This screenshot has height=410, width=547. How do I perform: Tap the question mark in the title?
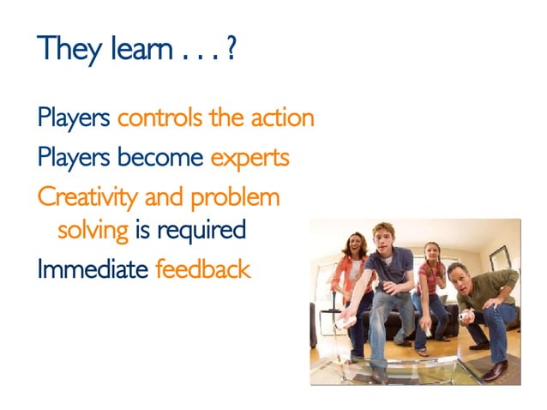[231, 49]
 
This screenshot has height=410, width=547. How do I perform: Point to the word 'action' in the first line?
[282, 118]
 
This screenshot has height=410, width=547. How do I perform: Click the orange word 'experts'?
[249, 158]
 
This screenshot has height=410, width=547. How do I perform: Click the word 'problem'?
[235, 198]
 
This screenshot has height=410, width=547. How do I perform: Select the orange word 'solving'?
[93, 230]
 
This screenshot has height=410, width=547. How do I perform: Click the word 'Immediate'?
[93, 269]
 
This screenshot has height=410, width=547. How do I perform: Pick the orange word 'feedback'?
[203, 269]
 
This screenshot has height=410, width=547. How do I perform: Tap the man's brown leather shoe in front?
[495, 371]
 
